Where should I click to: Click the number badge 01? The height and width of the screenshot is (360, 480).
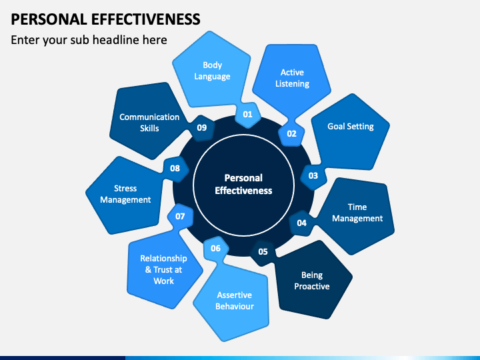pyautogui.click(x=247, y=115)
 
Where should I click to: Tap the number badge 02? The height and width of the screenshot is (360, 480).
pyautogui.click(x=291, y=134)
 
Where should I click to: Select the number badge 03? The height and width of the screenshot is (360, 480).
pyautogui.click(x=313, y=176)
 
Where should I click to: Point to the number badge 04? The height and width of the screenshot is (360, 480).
pyautogui.click(x=302, y=223)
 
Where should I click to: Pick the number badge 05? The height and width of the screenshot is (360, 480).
pyautogui.click(x=263, y=251)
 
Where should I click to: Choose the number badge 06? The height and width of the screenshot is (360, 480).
pyautogui.click(x=216, y=248)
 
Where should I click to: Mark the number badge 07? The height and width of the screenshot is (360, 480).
pyautogui.click(x=180, y=217)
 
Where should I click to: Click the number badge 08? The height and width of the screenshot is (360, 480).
pyautogui.click(x=175, y=169)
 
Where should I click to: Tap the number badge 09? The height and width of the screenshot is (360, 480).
pyautogui.click(x=202, y=127)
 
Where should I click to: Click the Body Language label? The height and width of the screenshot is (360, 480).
pyautogui.click(x=212, y=71)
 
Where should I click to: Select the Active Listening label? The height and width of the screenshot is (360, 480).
pyautogui.click(x=293, y=78)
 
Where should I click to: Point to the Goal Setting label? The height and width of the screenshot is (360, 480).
pyautogui.click(x=351, y=127)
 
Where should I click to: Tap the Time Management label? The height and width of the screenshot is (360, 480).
pyautogui.click(x=357, y=213)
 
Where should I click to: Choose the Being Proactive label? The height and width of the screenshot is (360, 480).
pyautogui.click(x=312, y=281)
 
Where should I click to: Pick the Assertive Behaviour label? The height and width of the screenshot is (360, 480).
pyautogui.click(x=235, y=301)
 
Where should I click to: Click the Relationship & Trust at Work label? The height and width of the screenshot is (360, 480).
pyautogui.click(x=163, y=270)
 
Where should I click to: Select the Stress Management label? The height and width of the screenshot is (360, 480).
pyautogui.click(x=125, y=194)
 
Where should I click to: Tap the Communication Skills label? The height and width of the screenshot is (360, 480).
pyautogui.click(x=149, y=123)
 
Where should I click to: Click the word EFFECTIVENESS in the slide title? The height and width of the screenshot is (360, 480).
pyautogui.click(x=146, y=19)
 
